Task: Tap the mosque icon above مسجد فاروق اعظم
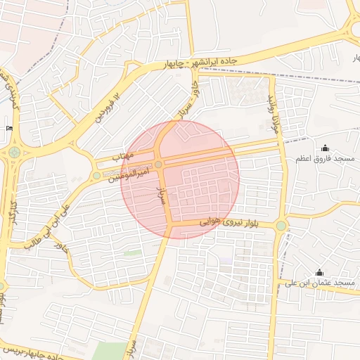coord(325,148)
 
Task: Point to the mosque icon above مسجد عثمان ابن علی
coord(320,272)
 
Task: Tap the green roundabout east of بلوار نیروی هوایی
coord(281,226)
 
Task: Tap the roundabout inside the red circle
coord(159,165)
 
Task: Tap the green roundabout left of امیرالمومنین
coord(96,175)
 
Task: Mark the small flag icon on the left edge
coord(9,128)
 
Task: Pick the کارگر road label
coord(11,214)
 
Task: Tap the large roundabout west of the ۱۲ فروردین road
coord(15,152)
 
